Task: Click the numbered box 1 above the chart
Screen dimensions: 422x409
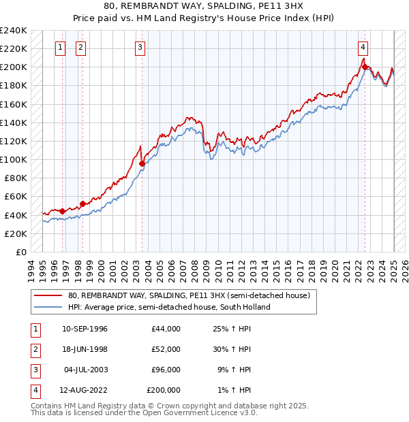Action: (x=61, y=48)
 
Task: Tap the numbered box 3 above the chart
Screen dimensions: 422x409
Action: (x=140, y=48)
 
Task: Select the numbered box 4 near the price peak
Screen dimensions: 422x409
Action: (x=363, y=48)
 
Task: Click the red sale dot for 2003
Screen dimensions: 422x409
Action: (x=142, y=163)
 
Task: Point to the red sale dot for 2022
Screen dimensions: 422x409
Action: (x=365, y=67)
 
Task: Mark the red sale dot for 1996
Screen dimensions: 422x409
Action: (x=62, y=211)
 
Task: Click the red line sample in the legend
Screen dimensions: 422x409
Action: (x=48, y=296)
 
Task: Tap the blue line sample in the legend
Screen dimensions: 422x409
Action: (x=48, y=307)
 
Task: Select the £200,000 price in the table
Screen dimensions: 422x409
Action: (x=164, y=390)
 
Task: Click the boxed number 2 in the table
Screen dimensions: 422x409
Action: (x=34, y=349)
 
